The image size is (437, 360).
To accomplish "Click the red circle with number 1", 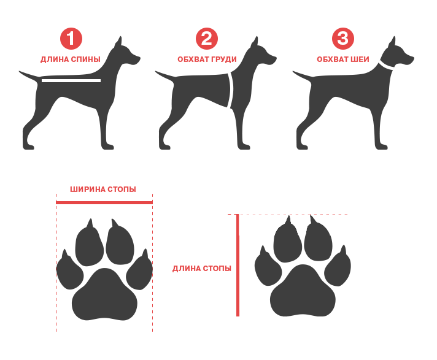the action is click(x=71, y=39).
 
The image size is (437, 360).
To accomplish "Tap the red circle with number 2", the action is click(x=206, y=39).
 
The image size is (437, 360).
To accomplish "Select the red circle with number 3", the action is click(x=343, y=39).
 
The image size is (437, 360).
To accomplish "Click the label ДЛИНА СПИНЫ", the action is click(x=70, y=59).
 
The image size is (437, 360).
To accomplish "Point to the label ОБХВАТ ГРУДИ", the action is click(x=207, y=59).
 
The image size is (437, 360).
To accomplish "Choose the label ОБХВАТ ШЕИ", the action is click(x=343, y=59).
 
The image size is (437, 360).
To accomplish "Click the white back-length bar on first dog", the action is click(x=71, y=81).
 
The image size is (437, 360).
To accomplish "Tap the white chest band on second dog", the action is click(x=230, y=90).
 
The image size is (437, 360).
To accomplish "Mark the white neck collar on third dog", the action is click(x=386, y=66).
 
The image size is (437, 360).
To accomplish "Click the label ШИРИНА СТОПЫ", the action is click(x=103, y=190).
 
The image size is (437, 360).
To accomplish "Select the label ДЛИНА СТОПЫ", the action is click(x=202, y=269).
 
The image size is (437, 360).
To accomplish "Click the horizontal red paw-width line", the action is click(x=104, y=202).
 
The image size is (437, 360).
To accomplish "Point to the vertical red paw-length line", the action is click(x=238, y=266).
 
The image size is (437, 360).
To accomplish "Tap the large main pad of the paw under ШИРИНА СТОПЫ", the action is click(x=104, y=295).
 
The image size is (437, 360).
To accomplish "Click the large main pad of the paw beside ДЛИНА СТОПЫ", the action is click(x=303, y=291).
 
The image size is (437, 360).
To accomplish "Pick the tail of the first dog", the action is click(x=29, y=75).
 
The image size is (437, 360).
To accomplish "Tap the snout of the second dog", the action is click(x=271, y=59).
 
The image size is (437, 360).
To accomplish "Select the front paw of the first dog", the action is click(x=107, y=147).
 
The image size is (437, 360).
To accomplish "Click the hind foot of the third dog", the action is click(x=303, y=146).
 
